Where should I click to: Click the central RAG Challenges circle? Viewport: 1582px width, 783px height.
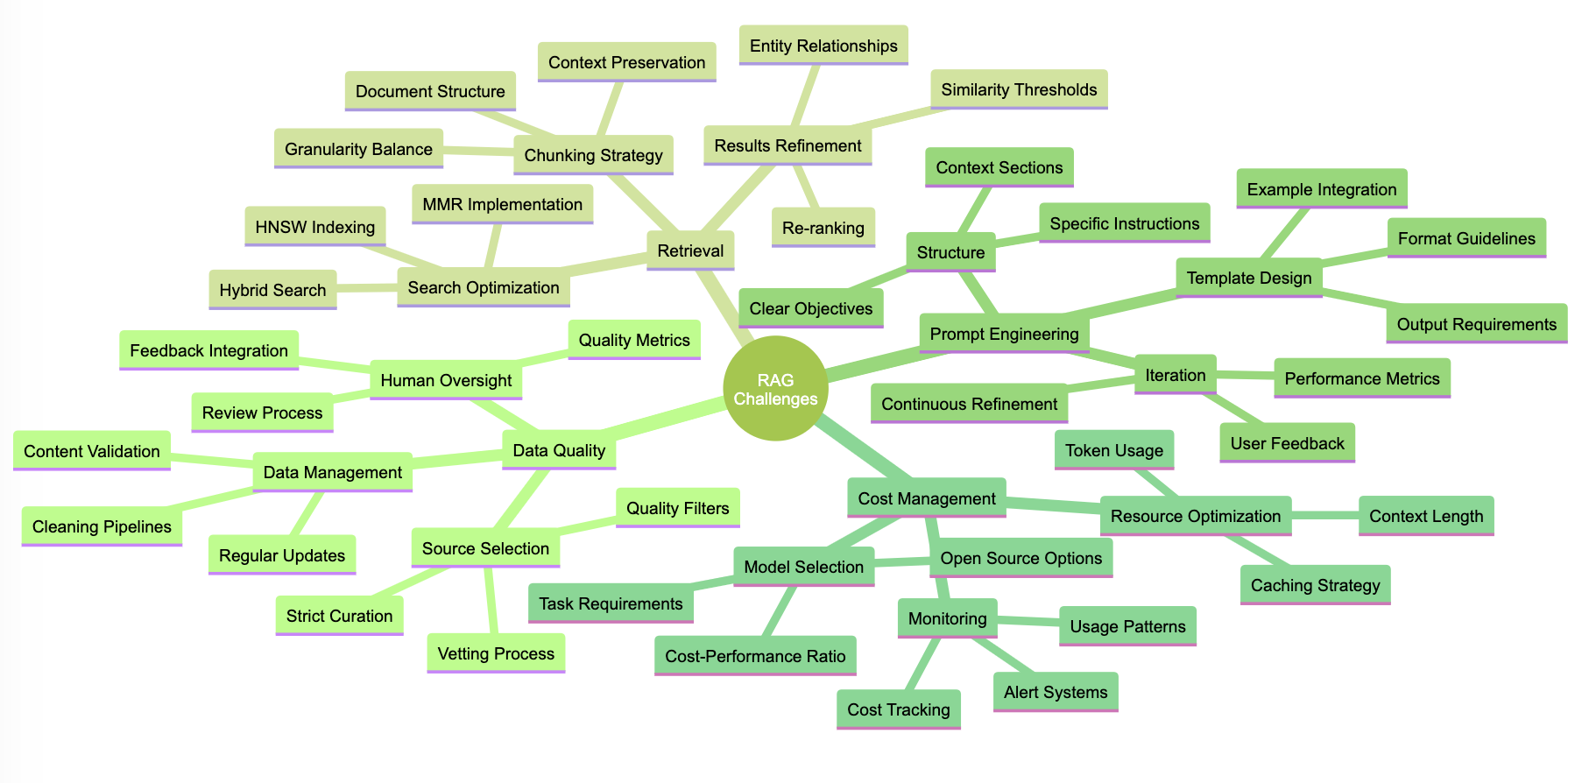[775, 389]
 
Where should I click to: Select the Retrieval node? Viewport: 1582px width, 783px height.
[690, 250]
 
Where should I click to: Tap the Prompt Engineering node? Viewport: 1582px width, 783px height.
[1004, 334]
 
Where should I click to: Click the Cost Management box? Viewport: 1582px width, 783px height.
[927, 498]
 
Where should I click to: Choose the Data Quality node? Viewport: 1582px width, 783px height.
[559, 450]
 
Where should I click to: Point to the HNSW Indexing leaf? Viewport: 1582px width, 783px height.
[314, 227]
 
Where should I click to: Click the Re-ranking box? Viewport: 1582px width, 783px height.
[823, 228]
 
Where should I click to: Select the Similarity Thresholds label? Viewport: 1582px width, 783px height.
[1019, 89]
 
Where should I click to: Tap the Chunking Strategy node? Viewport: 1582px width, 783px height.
[593, 155]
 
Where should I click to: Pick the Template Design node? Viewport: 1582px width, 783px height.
[1248, 278]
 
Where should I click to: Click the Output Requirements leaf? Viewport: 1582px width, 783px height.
[1476, 324]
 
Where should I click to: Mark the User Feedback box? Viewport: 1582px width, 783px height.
[1287, 443]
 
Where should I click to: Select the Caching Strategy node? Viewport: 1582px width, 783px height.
[1315, 585]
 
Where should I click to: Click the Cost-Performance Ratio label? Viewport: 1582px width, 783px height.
[755, 656]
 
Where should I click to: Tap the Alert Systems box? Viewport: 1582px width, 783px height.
[1056, 692]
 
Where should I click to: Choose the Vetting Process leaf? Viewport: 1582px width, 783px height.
[496, 653]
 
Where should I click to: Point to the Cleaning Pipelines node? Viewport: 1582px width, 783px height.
[102, 526]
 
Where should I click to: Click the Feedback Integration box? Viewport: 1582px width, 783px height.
[208, 350]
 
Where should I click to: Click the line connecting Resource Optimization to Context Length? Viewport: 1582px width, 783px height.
[1324, 516]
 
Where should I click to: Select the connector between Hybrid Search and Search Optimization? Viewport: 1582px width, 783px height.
[367, 287]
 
